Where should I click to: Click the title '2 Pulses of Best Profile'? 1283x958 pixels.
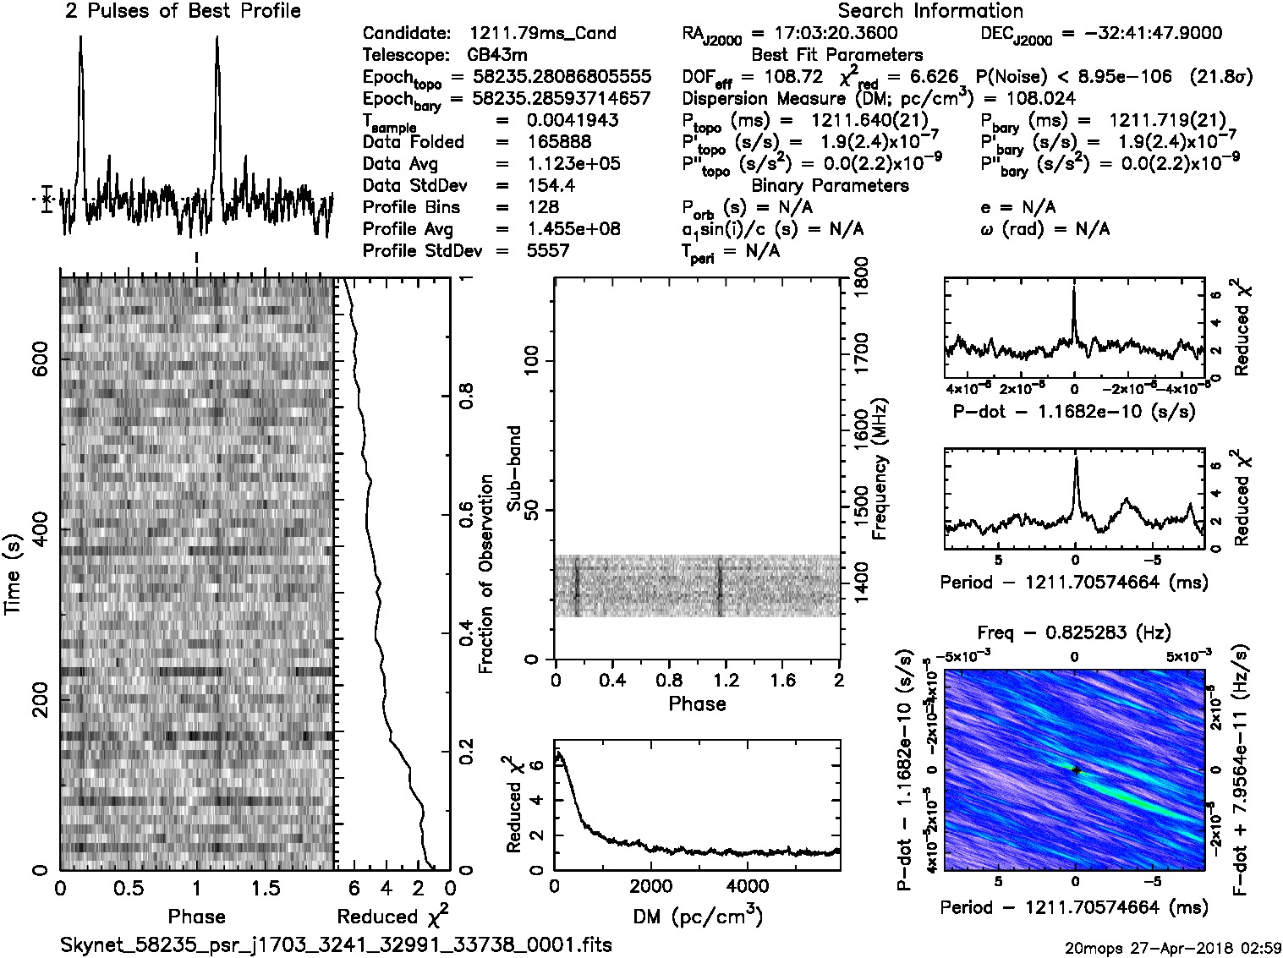click(x=183, y=11)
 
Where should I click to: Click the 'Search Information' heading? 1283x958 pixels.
click(x=930, y=11)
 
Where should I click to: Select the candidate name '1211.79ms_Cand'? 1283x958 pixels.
click(x=542, y=34)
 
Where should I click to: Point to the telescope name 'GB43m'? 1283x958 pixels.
click(x=495, y=56)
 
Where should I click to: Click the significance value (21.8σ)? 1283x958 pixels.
click(x=1220, y=77)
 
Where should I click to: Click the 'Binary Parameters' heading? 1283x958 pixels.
click(x=830, y=185)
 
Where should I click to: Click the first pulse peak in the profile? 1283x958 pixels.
click(x=80, y=39)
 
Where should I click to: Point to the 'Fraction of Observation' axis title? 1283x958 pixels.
click(x=485, y=574)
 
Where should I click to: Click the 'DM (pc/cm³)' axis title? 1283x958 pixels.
click(x=697, y=916)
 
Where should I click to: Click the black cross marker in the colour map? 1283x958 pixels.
click(x=1076, y=770)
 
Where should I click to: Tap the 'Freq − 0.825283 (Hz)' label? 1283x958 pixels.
click(x=1074, y=632)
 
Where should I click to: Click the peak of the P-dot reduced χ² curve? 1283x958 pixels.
click(x=1074, y=289)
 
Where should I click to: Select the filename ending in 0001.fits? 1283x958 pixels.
click(x=336, y=944)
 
